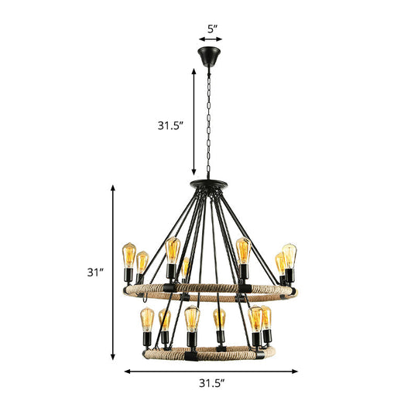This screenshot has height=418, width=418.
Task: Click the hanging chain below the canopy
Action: [x=209, y=124]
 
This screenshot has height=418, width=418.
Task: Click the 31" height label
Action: [x=94, y=272]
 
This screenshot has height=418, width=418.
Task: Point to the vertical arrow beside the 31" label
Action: [x=115, y=272]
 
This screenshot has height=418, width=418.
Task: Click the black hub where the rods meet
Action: [x=209, y=187]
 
